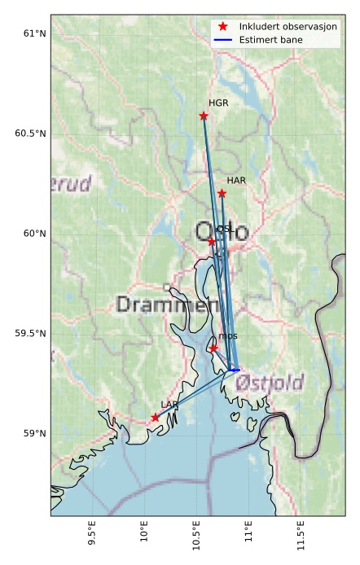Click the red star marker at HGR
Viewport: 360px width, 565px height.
pos(204,116)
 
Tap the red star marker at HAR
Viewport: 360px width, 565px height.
pos(222,193)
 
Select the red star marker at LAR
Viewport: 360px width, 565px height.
pos(155,418)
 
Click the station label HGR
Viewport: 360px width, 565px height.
pos(218,103)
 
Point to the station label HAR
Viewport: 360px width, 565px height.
pos(236,180)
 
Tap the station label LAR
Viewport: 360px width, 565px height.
pos(169,405)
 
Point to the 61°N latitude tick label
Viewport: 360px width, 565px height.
pos(35,33)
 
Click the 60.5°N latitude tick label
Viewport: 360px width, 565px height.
pos(31,134)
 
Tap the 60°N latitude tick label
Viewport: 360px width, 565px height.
pos(35,234)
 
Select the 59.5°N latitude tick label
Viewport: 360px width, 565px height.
pos(31,334)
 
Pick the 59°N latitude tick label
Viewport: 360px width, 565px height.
pos(35,434)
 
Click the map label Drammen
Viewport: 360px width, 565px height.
pos(167,305)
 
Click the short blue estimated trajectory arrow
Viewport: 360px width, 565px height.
pos(234,370)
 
